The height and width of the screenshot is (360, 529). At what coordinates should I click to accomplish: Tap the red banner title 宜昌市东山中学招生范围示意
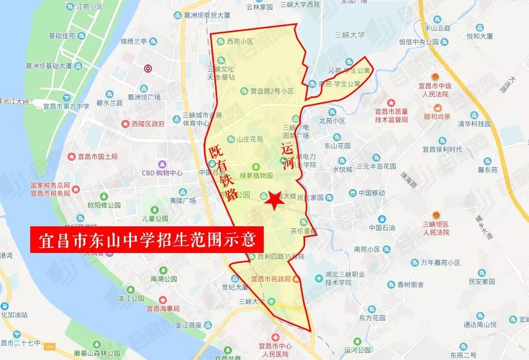click(146, 240)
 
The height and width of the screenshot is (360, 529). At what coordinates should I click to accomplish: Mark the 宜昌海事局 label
click(163, 308)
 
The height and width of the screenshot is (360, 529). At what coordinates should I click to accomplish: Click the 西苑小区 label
click(241, 41)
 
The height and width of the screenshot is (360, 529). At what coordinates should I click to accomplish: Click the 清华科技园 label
click(474, 124)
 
